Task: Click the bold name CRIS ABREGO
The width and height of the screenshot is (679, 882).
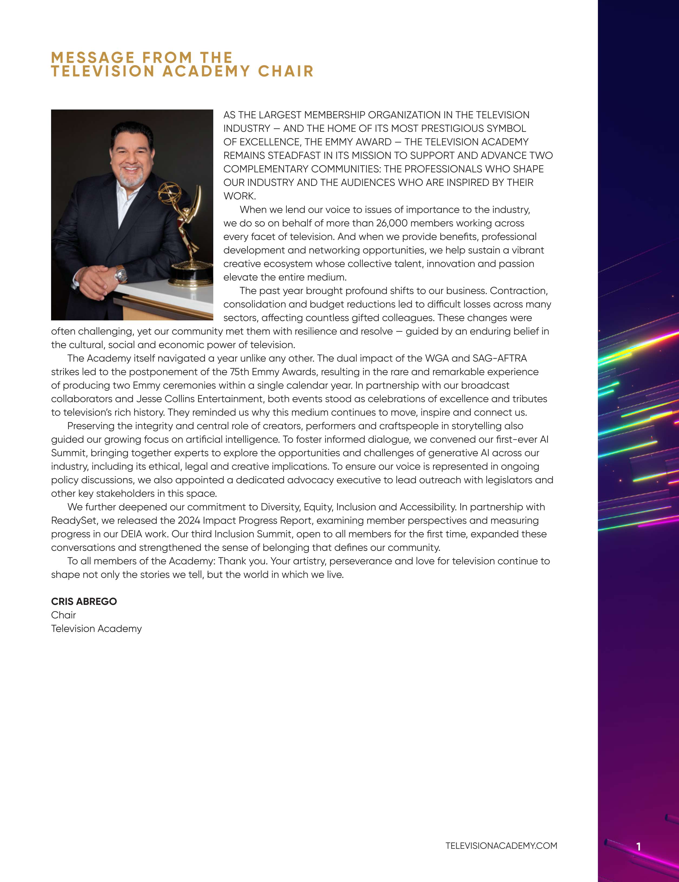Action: tap(84, 601)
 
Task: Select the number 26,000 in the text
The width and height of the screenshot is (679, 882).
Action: tap(392, 223)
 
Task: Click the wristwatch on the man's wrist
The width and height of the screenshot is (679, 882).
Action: tap(121, 275)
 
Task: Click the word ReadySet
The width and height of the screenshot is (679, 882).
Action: tap(74, 520)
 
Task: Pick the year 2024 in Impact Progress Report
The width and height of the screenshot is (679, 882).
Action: tap(189, 520)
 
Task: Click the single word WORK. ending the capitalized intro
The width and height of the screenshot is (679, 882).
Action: tap(239, 196)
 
